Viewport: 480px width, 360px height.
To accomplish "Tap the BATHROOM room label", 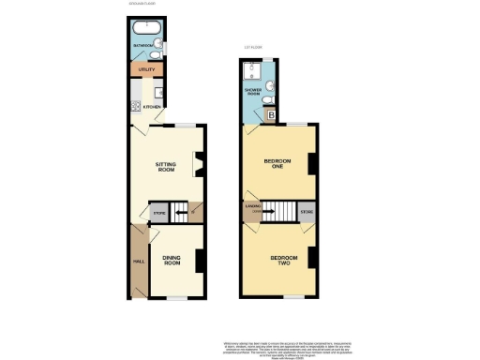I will coord(142,43).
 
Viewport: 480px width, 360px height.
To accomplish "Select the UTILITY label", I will coord(145,69).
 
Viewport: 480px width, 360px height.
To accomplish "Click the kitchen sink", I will coord(157,91).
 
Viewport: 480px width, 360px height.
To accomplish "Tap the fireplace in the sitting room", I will coord(198,166).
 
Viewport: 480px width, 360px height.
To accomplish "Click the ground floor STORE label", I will coord(158,214).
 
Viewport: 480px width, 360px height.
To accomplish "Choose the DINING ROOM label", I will coord(172,262).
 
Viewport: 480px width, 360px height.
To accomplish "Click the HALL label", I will coord(137,261).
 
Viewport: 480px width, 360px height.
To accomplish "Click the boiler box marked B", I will coord(272,115).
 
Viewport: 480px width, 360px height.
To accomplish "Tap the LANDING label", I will coord(251,206).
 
